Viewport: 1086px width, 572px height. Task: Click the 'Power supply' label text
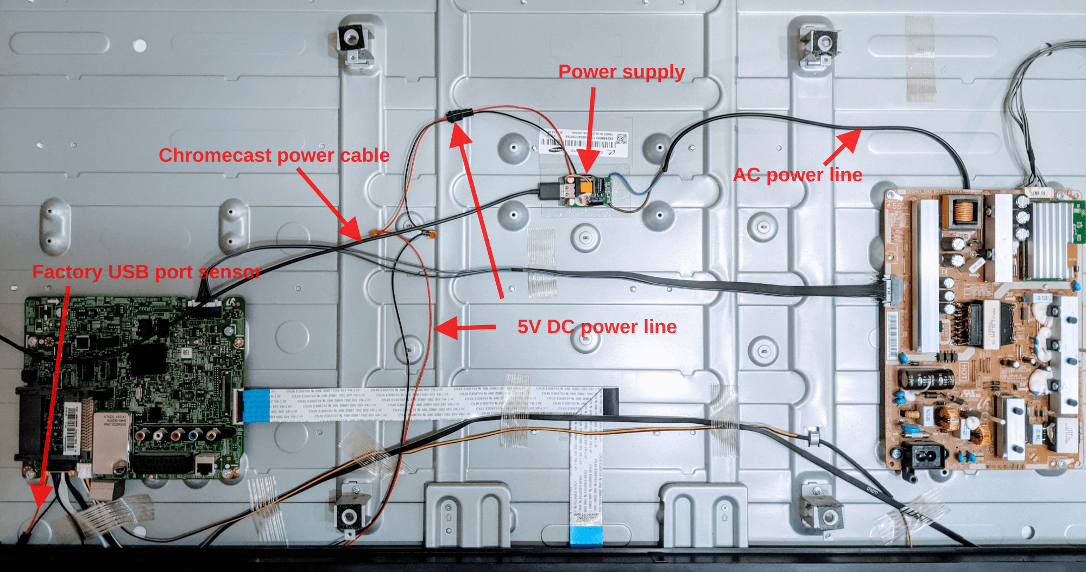pos(621,72)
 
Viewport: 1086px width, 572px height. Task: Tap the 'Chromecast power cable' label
pos(274,156)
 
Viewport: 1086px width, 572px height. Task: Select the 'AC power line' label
pos(797,175)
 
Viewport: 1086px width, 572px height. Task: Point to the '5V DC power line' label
pos(597,327)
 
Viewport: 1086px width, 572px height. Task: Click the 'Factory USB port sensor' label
pos(147,272)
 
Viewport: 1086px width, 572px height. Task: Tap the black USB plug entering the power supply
pos(548,192)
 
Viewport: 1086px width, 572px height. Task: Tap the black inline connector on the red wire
pos(459,116)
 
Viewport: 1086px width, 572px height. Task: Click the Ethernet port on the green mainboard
pos(205,466)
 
